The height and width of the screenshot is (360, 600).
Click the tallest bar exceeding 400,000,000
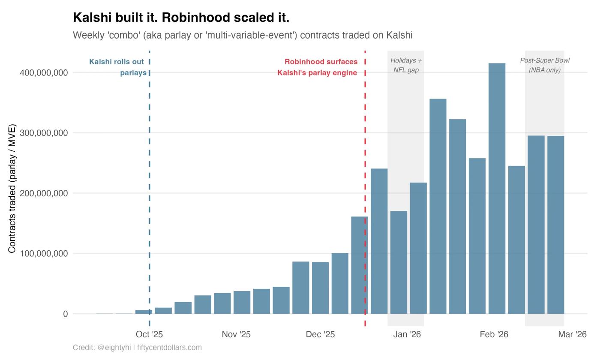[497, 189]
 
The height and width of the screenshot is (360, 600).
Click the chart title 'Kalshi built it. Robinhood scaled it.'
[181, 18]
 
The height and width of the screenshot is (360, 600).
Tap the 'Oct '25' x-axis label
[149, 334]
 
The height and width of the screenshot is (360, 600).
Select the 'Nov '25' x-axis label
[236, 334]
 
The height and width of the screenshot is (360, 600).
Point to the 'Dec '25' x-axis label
[320, 334]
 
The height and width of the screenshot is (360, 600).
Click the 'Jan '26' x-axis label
[407, 334]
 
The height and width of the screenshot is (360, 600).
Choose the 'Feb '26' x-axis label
[494, 334]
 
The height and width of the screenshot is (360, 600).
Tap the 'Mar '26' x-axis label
[572, 334]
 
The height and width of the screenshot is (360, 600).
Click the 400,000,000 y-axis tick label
[44, 73]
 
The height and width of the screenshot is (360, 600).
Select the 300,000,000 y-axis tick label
[44, 133]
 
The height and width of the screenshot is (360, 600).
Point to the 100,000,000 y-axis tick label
[44, 254]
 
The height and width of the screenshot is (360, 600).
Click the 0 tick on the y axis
[65, 314]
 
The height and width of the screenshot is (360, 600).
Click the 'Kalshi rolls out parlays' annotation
[117, 67]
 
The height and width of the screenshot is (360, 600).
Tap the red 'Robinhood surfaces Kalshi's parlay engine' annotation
[318, 67]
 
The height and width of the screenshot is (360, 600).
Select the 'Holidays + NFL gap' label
[406, 65]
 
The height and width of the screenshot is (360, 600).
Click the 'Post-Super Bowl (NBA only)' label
[545, 65]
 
